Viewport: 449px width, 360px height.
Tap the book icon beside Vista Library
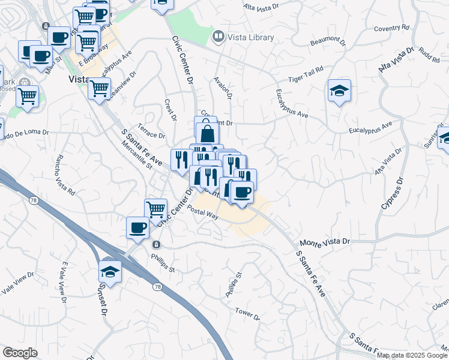[217, 37]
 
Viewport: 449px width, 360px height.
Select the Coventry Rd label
[391, 28]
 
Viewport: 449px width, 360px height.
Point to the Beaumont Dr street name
[328, 43]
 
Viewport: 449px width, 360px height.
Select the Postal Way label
[202, 212]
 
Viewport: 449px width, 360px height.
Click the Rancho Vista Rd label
[64, 175]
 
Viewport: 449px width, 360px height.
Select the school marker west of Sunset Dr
[110, 271]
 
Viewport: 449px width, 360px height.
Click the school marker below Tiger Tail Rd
[339, 91]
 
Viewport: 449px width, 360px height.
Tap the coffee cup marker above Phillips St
[138, 227]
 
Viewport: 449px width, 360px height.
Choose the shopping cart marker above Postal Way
[156, 209]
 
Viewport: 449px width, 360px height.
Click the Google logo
[19, 353]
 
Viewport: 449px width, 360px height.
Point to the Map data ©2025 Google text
[412, 355]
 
